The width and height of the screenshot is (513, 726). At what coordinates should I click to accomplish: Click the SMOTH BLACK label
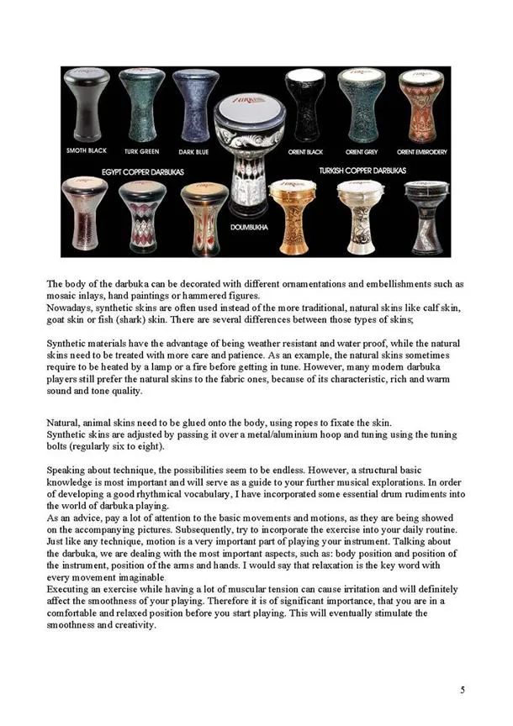[87, 151]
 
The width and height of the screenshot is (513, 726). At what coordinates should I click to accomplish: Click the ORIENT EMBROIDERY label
[420, 151]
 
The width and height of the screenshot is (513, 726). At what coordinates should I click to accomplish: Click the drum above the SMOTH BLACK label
[87, 107]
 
